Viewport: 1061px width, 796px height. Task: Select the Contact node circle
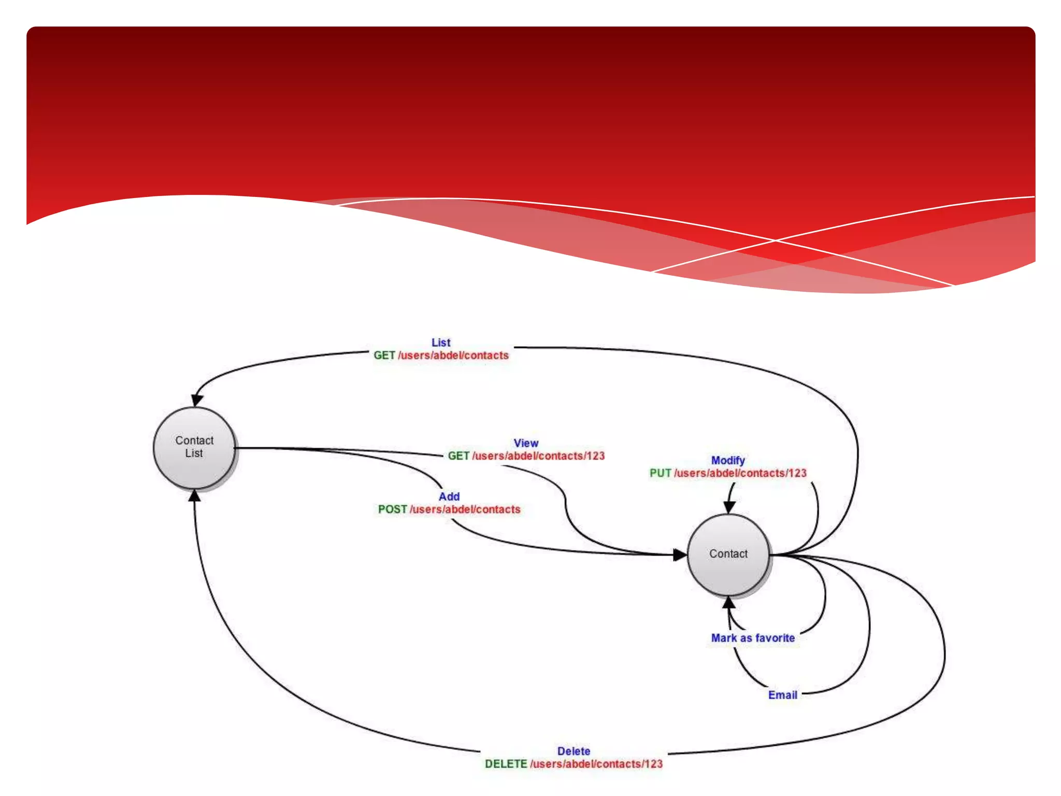tap(728, 555)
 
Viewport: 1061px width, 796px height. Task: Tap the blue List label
tap(441, 343)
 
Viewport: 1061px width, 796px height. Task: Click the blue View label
tap(526, 443)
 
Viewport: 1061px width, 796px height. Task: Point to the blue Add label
tap(449, 496)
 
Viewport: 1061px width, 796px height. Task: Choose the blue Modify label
tap(728, 460)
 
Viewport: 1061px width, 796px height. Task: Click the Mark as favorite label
tap(753, 638)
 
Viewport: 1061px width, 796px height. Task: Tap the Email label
tap(782, 695)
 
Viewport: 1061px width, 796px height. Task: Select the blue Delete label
tap(573, 751)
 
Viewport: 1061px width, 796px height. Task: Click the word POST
tap(392, 509)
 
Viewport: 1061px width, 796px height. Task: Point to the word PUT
tap(660, 473)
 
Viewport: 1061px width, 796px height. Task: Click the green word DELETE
tap(506, 764)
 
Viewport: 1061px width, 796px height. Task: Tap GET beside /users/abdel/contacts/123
tap(458, 456)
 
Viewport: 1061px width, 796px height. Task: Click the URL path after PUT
tap(740, 473)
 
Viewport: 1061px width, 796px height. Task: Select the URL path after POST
tap(465, 509)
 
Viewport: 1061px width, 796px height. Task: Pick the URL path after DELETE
tap(596, 764)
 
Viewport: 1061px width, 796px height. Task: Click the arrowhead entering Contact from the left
tap(680, 555)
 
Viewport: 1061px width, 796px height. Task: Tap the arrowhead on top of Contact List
tap(197, 400)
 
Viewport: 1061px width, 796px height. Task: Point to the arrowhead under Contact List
tap(194, 496)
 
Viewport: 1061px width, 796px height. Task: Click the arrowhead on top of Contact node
tap(729, 506)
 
